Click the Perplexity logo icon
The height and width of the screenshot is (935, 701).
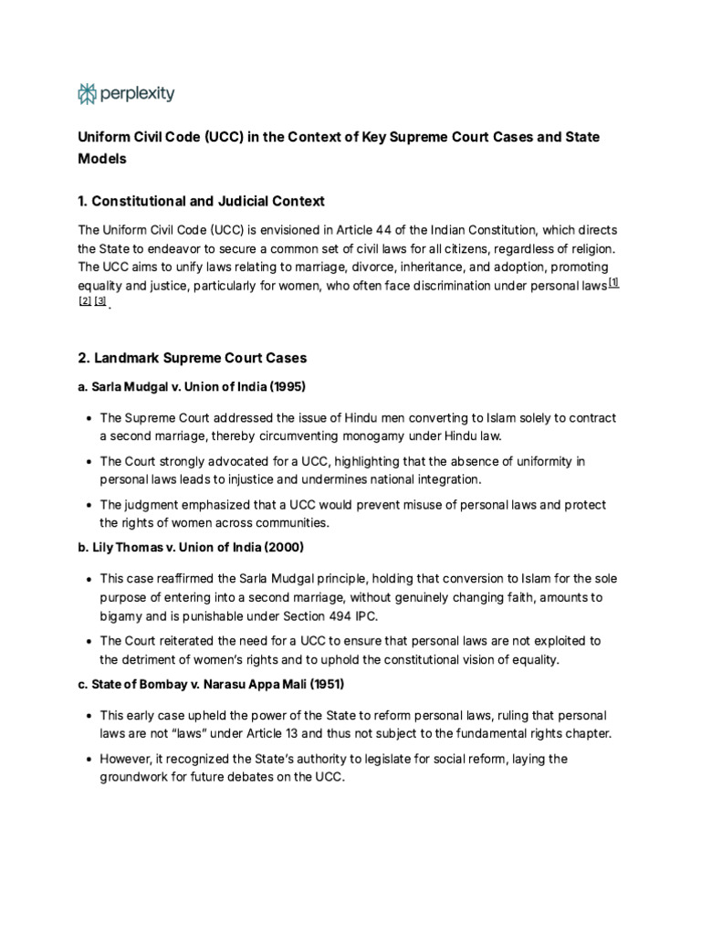[x=88, y=93]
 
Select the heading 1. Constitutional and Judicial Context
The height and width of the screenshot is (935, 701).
[x=201, y=201]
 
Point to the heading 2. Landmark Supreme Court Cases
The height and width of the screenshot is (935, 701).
[x=192, y=358]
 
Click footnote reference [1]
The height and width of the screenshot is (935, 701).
[x=614, y=283]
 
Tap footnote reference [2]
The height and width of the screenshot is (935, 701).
[x=85, y=302]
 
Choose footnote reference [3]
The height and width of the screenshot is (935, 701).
[x=100, y=302]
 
